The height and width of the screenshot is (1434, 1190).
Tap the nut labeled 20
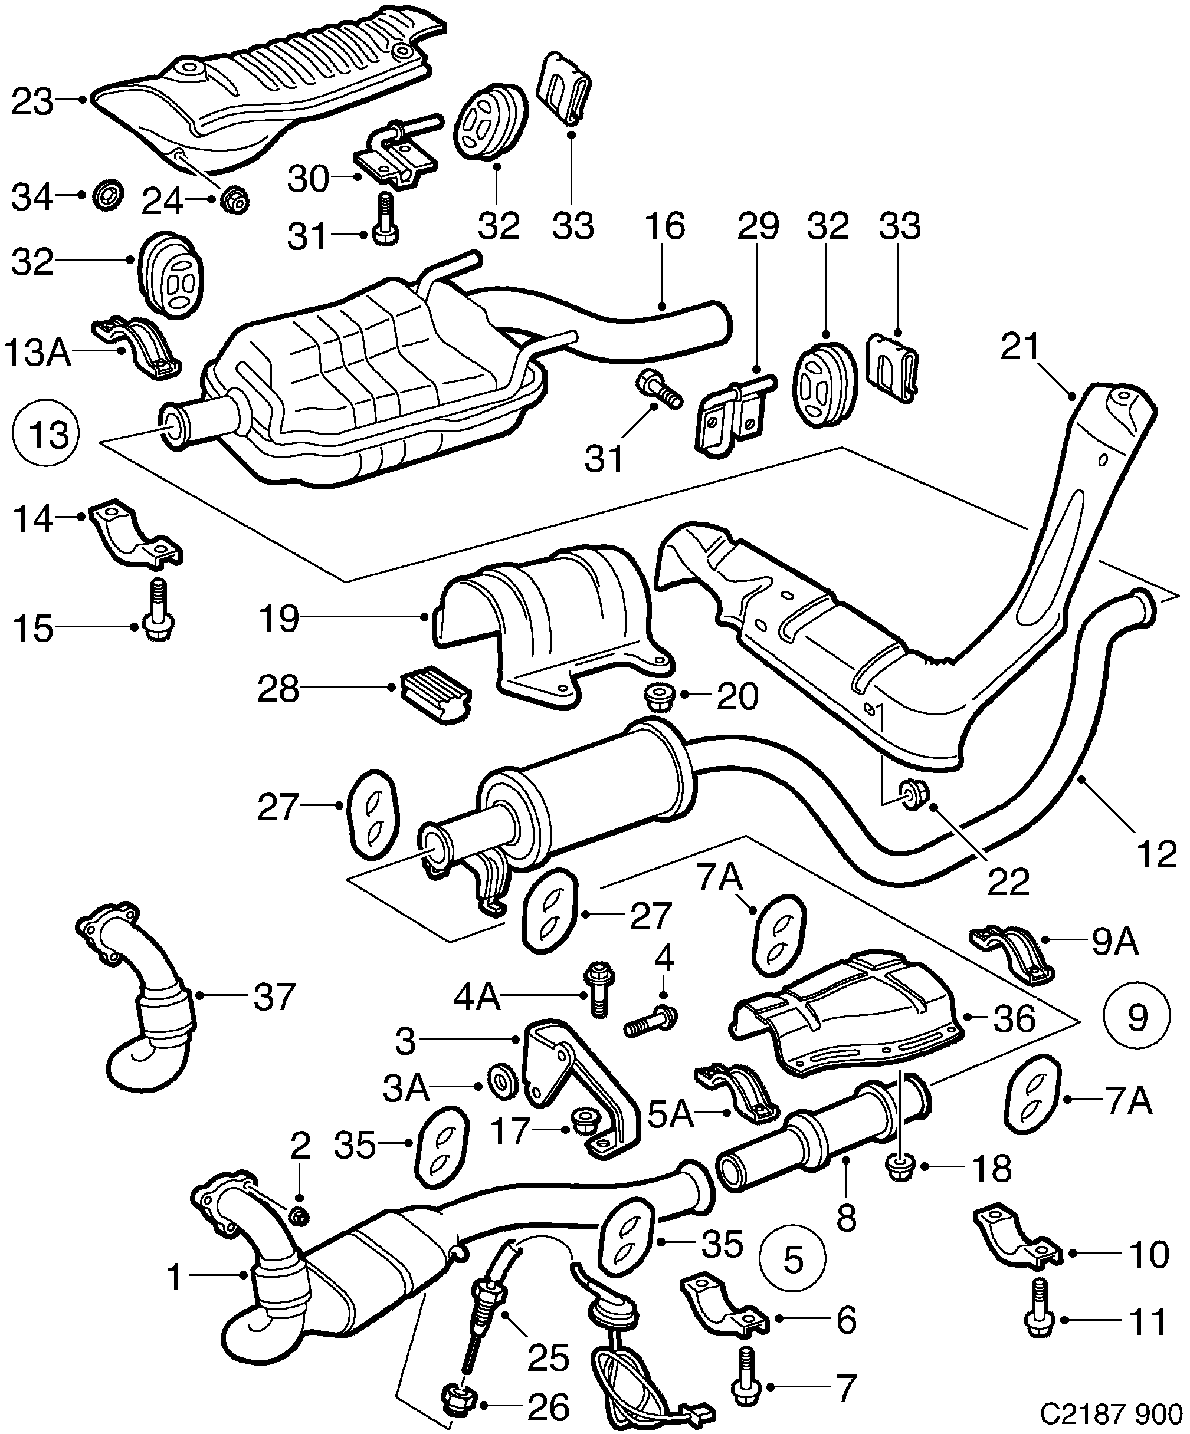click(x=657, y=696)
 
